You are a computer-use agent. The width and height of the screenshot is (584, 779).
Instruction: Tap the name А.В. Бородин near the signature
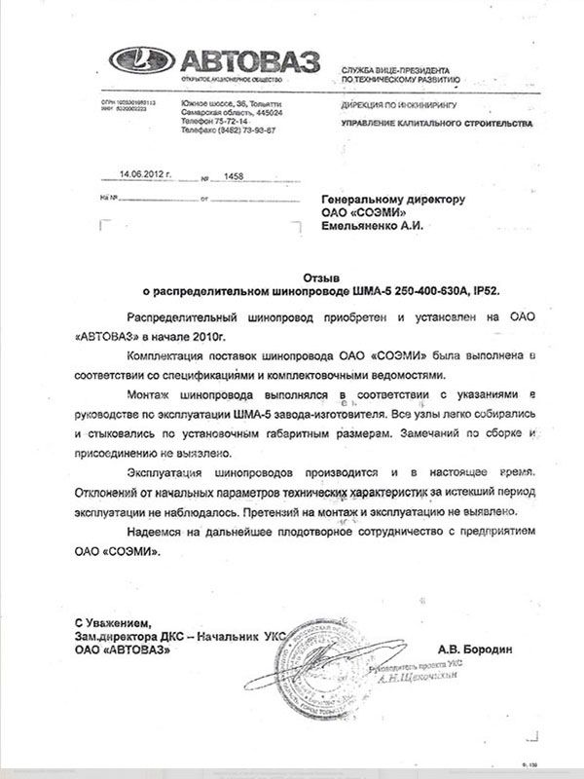(473, 648)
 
